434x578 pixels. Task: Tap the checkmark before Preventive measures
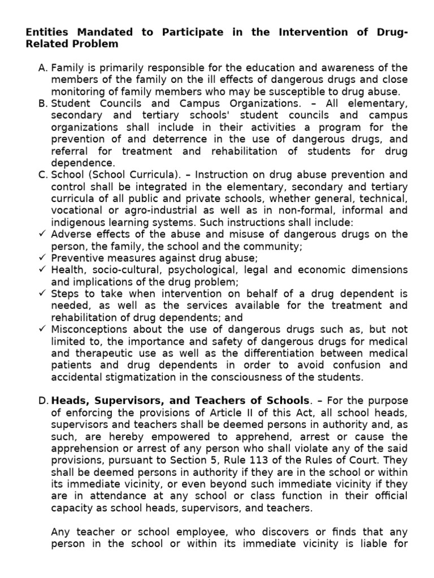(x=42, y=257)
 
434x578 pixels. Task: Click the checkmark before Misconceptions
(x=42, y=329)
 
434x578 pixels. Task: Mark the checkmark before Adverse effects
(x=42, y=234)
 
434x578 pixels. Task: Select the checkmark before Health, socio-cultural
(x=42, y=270)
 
